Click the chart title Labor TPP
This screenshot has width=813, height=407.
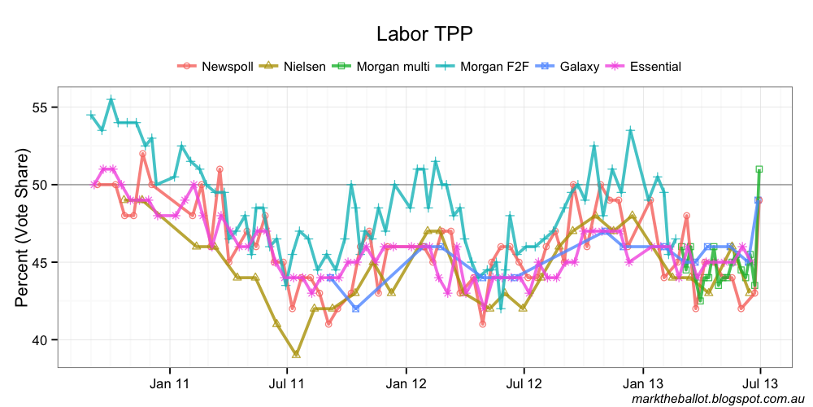coord(424,34)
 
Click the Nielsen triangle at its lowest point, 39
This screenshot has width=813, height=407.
coord(296,354)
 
